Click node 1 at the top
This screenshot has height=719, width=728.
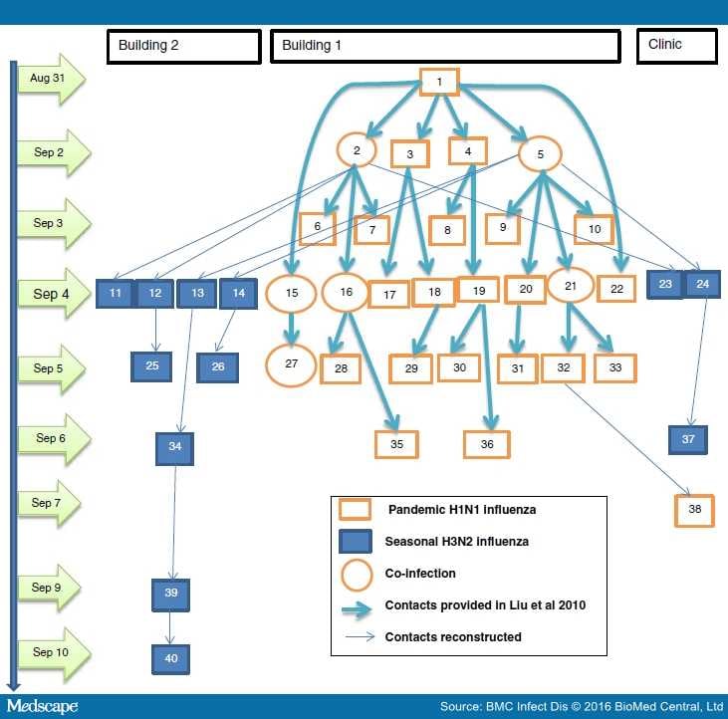pos(438,82)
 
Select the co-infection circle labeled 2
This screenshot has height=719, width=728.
pos(357,150)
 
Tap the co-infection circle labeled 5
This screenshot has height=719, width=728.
pos(541,154)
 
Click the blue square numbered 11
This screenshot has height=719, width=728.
pos(115,294)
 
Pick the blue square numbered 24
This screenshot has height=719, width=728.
pos(702,284)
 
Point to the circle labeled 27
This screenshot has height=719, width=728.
pos(292,364)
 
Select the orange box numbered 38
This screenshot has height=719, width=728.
pos(694,510)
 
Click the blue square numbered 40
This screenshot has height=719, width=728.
pos(170,658)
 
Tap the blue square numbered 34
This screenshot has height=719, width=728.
pos(174,448)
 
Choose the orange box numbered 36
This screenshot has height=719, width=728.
pos(486,444)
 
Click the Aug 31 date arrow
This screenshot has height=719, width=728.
pos(54,79)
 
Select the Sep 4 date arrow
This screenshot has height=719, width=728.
pos(54,294)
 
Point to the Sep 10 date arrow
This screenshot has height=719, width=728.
pos(54,653)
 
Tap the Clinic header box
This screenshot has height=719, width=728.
pos(676,46)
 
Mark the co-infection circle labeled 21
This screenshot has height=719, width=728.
pos(571,287)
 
